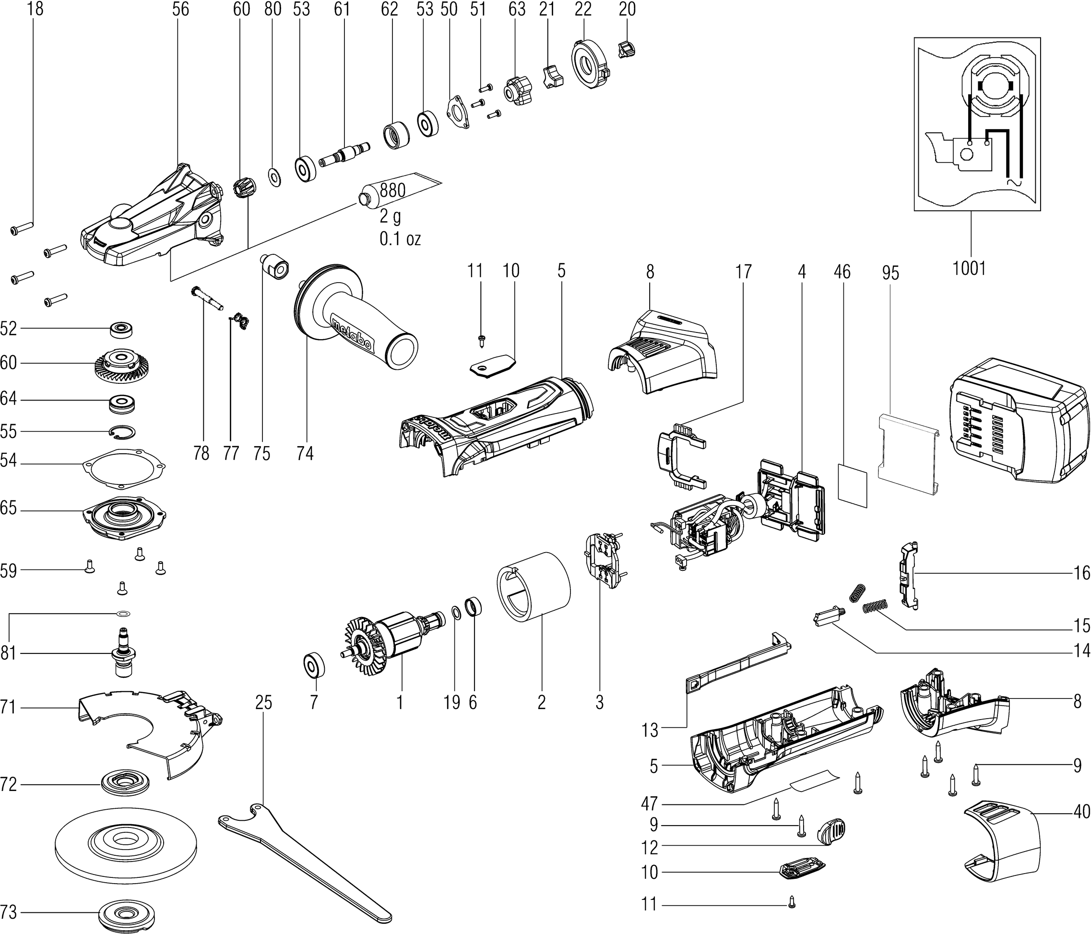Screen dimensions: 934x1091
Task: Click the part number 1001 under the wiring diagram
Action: tap(969, 269)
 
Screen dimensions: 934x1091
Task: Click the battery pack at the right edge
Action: tap(1019, 421)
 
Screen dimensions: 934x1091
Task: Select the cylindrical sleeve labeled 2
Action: tap(534, 584)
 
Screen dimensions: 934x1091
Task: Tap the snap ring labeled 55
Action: tap(122, 431)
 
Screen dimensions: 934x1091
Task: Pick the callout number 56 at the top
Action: tap(180, 10)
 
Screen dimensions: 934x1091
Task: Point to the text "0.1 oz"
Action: tap(400, 239)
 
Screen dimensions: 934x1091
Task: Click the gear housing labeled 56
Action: tap(153, 216)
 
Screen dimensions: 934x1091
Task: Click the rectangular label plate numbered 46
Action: tap(852, 485)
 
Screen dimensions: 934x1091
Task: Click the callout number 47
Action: tap(649, 804)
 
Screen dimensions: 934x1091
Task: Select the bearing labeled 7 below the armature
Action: tap(315, 665)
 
